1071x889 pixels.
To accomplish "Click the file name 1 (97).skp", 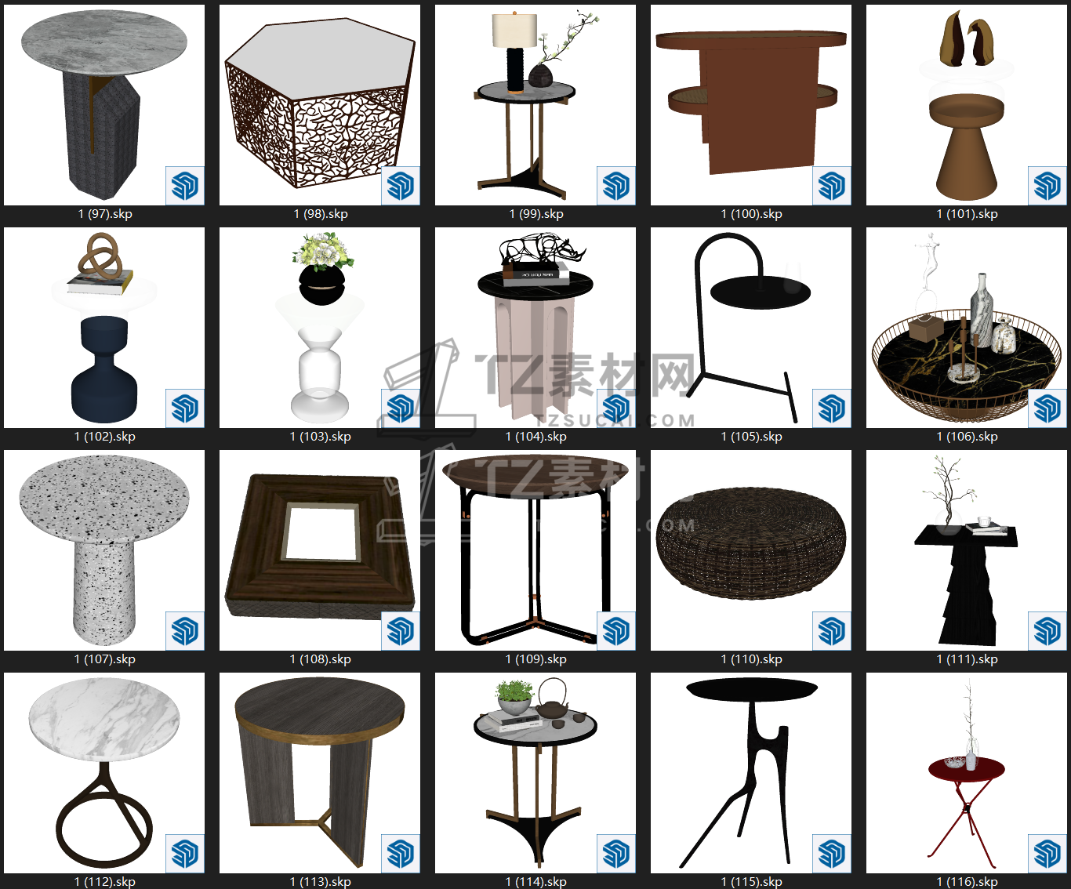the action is (105, 214).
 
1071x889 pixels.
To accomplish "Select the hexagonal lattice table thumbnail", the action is (320, 104).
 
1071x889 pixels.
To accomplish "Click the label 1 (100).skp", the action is (751, 214).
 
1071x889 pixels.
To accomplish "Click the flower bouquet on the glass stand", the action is (322, 252).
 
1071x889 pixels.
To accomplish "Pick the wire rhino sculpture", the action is (543, 252).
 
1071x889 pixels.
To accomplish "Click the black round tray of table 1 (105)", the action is (761, 292).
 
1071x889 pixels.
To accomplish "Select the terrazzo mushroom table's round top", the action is (104, 497).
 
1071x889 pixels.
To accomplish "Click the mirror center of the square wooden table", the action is (321, 531).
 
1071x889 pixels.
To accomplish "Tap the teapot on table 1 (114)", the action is (552, 700).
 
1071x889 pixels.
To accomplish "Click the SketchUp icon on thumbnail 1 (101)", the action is (1047, 186).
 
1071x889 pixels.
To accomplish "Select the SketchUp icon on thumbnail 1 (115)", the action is (832, 854).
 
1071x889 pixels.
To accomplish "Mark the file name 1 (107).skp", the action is (105, 659).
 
